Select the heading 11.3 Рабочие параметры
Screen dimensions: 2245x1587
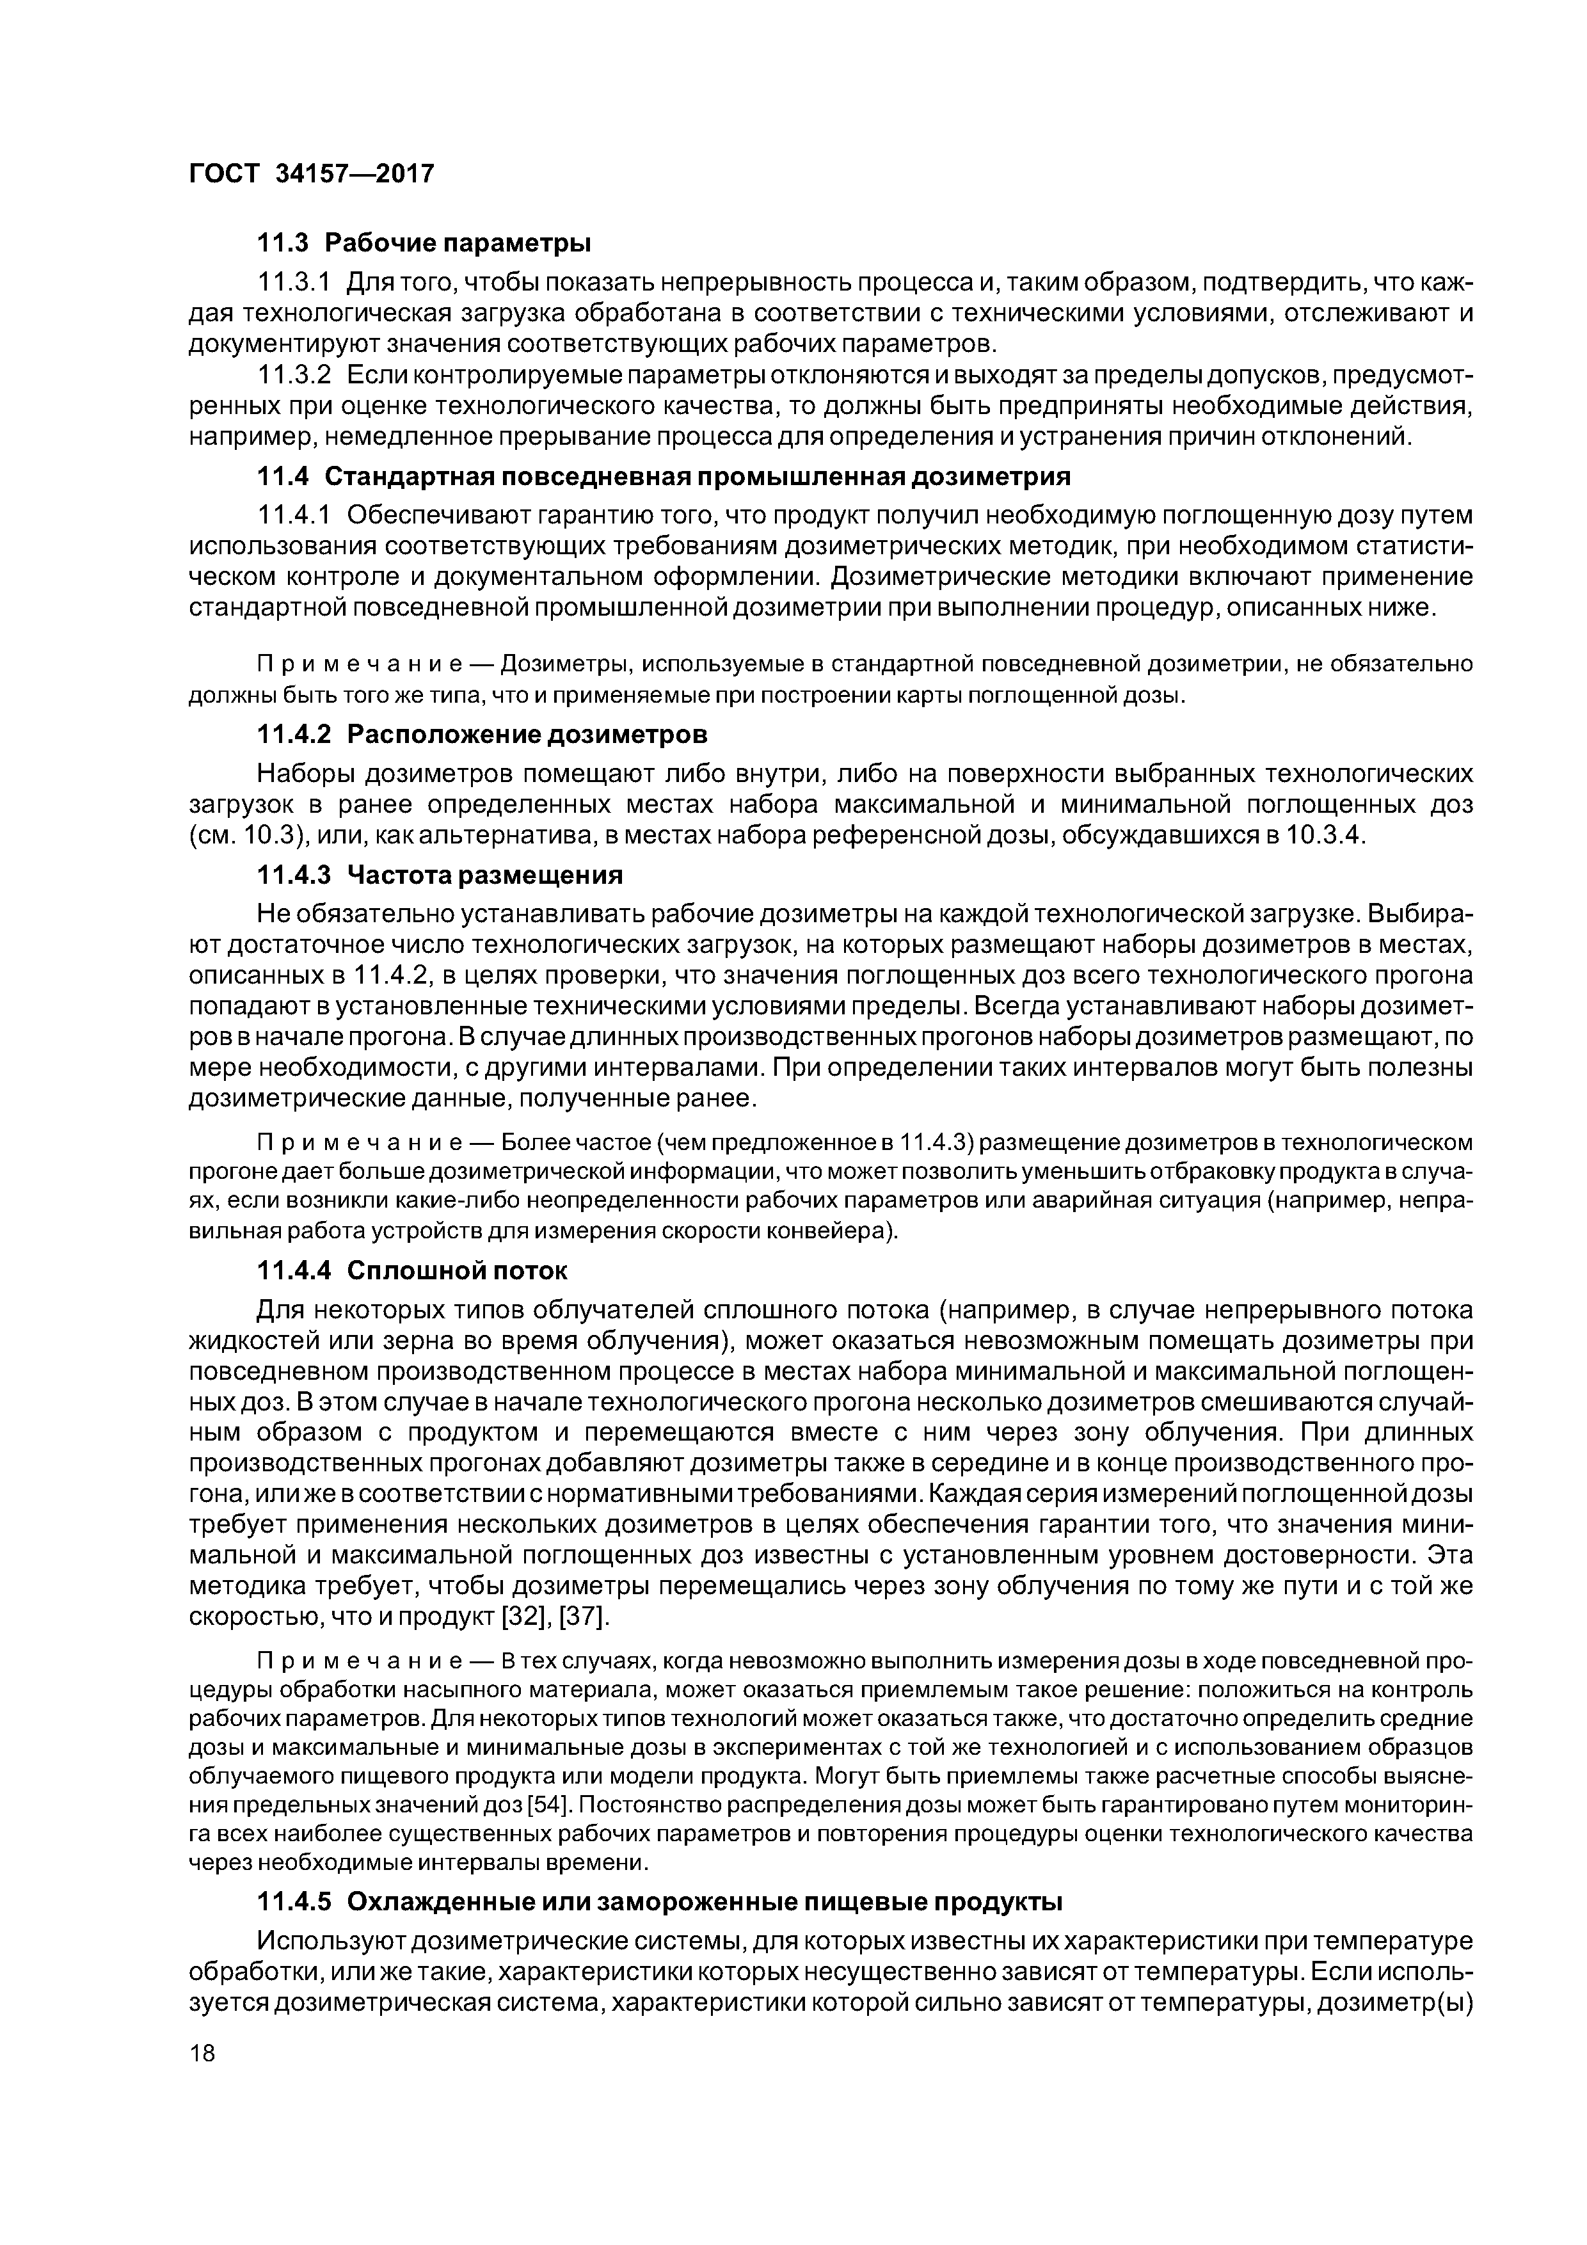(x=424, y=241)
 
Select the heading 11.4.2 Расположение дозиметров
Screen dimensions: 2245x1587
(x=482, y=733)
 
